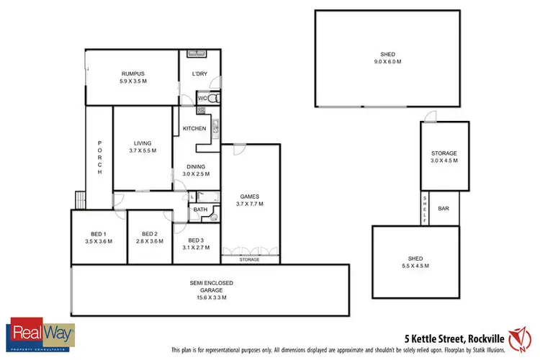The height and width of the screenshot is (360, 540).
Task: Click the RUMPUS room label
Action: coord(133,73)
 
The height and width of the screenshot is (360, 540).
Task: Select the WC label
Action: coord(202,97)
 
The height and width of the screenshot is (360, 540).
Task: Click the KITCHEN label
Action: coord(194,128)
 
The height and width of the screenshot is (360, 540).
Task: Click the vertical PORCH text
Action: coord(99,157)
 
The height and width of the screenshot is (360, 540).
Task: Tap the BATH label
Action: coord(199,210)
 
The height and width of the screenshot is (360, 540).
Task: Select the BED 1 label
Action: coord(99,234)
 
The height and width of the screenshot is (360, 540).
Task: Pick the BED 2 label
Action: coord(149,234)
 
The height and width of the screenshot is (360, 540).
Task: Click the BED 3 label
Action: coord(197,240)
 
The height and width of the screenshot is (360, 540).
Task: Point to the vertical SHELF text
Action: coord(425,210)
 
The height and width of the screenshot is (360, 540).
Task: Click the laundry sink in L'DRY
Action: coord(195,53)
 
